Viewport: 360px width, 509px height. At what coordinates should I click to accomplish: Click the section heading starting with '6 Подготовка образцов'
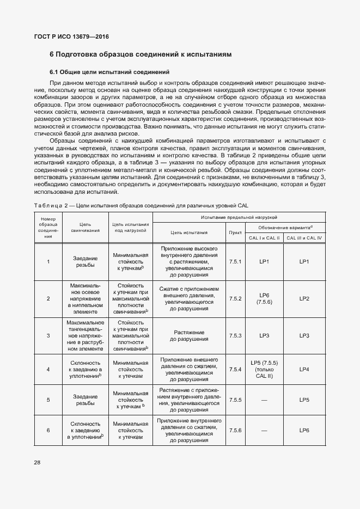click(141, 55)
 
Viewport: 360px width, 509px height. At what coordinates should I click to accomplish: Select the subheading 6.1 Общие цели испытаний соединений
click(109, 72)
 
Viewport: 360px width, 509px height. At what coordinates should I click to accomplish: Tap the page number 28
click(37, 463)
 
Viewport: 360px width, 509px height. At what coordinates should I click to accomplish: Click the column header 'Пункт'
click(235, 232)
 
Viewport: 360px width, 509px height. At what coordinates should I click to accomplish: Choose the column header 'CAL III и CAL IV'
click(304, 238)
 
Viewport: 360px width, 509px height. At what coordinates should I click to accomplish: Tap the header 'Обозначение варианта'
click(284, 227)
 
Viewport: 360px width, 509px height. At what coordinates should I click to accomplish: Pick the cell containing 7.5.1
click(235, 261)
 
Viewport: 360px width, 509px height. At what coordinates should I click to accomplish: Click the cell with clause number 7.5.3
click(235, 335)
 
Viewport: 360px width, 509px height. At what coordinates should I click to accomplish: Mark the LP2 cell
click(304, 298)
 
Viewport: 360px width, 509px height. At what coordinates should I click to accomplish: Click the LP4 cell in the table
click(304, 370)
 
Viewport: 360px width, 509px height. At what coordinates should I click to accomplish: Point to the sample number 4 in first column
click(48, 370)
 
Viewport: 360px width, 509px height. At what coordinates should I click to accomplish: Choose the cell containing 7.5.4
click(235, 370)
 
